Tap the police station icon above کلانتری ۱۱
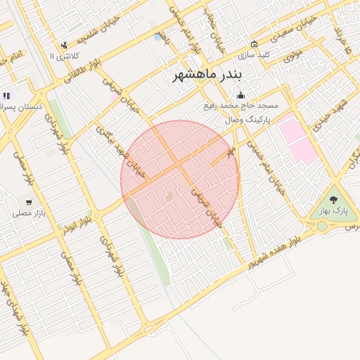click(x=64, y=45)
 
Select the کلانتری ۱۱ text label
click(x=65, y=56)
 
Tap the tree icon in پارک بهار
click(x=333, y=200)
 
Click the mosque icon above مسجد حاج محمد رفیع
click(x=241, y=95)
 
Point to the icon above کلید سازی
click(x=254, y=44)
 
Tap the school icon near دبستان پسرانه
click(x=6, y=96)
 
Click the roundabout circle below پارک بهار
click(x=322, y=226)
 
